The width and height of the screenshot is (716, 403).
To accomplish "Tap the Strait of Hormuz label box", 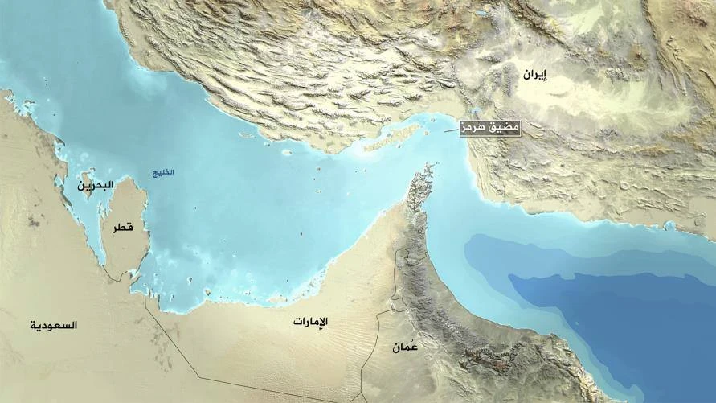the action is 489,127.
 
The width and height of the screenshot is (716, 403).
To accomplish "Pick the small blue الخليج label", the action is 162,172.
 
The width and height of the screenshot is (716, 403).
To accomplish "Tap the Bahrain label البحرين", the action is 95,186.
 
